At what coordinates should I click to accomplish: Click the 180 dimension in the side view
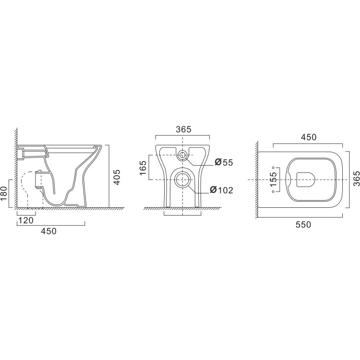point(4,193)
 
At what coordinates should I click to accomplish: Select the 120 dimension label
point(26,220)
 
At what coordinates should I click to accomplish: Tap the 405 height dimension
point(117,177)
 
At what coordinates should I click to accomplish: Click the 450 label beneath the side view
point(48,231)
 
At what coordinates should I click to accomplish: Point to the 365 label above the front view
point(184,130)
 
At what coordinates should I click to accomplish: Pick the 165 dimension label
point(143,168)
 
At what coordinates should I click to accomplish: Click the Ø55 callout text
point(224,162)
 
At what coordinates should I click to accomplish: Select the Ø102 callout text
point(222,190)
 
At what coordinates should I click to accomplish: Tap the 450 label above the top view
point(309,137)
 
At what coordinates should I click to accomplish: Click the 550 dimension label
point(303,224)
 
